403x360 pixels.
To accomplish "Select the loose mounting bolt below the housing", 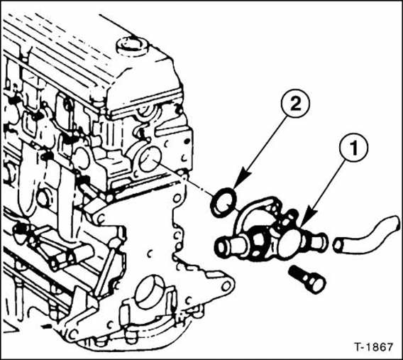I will (307, 279).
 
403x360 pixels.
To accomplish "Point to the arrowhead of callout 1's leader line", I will (303, 216).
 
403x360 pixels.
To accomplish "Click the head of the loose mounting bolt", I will (315, 284).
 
